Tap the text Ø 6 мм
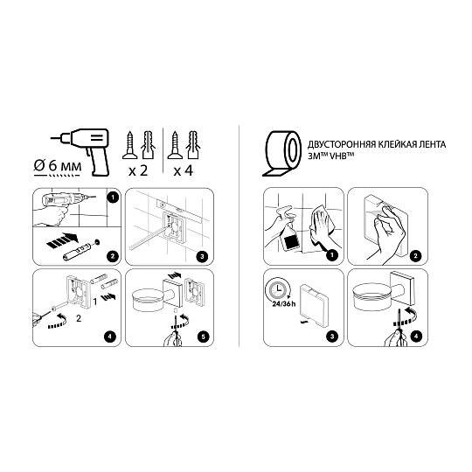[x=58, y=165]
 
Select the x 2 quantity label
[x=138, y=171]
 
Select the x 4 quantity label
[x=183, y=171]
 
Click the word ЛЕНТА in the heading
[x=431, y=144]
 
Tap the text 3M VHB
[x=330, y=156]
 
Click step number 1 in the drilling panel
[x=113, y=198]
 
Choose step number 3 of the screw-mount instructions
[x=202, y=256]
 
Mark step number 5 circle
[x=203, y=337]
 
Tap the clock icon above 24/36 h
[x=277, y=289]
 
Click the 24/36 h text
[x=283, y=303]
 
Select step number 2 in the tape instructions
[x=416, y=256]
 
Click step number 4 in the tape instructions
[x=416, y=336]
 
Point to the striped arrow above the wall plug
[x=63, y=240]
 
